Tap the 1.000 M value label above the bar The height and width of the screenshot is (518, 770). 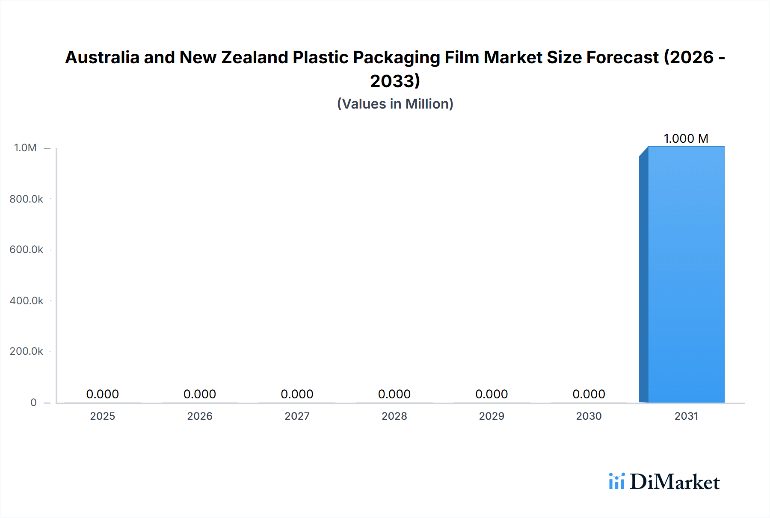pos(686,138)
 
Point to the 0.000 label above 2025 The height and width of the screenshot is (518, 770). pos(102,394)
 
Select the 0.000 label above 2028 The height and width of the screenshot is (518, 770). pos(394,394)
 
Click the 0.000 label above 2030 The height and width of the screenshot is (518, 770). pos(589,394)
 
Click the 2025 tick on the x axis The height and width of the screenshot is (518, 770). pos(102,416)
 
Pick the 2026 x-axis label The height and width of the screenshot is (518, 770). pos(200,416)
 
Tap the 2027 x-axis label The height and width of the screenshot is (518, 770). pos(297,416)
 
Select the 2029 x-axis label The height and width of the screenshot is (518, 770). pos(492,416)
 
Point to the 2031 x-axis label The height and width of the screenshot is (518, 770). pos(686,416)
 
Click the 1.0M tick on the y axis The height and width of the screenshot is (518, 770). pos(25,148)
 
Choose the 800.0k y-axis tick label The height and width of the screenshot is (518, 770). pos(26,199)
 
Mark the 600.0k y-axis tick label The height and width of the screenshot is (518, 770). pos(26,250)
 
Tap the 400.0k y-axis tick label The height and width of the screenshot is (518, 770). pos(26,300)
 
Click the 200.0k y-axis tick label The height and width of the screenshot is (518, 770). pos(26,351)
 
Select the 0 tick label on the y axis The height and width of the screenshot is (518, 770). pos(33,402)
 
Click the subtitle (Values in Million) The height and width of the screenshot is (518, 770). pos(395,104)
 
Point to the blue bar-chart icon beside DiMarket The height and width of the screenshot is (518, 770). pos(616,481)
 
